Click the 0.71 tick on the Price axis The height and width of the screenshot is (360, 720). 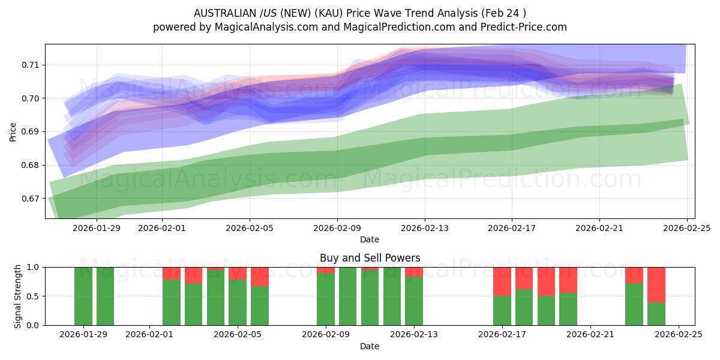pyautogui.click(x=31, y=65)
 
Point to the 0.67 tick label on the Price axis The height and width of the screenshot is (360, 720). pyautogui.click(x=31, y=199)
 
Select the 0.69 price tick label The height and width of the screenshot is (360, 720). pyautogui.click(x=31, y=131)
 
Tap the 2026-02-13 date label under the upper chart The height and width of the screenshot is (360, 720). pyautogui.click(x=425, y=228)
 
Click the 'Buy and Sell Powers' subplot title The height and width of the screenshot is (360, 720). pyautogui.click(x=370, y=259)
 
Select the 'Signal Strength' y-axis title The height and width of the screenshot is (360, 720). pyautogui.click(x=18, y=296)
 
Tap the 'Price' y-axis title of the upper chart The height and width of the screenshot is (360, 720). pyautogui.click(x=13, y=131)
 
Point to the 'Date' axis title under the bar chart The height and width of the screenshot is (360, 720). pyautogui.click(x=370, y=346)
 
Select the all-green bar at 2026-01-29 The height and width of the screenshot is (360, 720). pyautogui.click(x=83, y=296)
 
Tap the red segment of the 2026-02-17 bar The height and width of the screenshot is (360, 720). pyautogui.click(x=502, y=281)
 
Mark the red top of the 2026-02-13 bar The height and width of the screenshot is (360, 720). pyautogui.click(x=414, y=272)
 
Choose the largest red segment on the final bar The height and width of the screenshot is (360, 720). pyautogui.click(x=656, y=284)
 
